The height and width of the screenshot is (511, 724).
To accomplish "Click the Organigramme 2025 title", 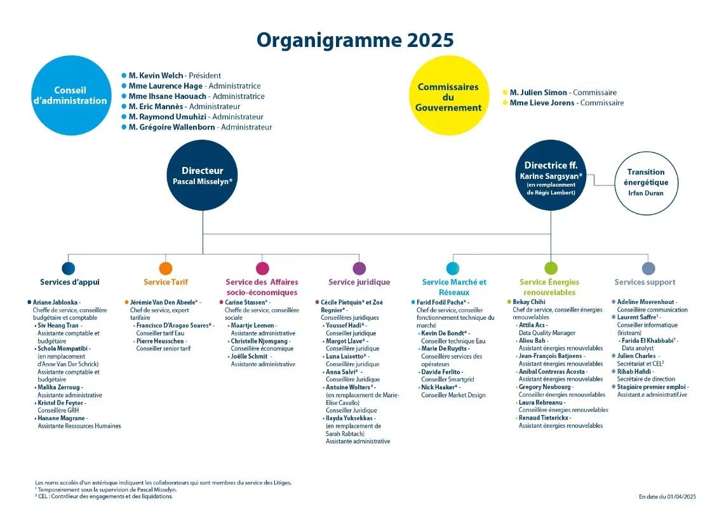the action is (355, 40).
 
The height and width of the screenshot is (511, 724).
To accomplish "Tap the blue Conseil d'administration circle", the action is (71, 96).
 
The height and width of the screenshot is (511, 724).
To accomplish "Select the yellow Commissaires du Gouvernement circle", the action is (449, 96).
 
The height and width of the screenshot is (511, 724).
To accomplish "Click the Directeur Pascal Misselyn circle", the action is (202, 175).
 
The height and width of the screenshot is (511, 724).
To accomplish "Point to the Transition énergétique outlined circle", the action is (646, 183).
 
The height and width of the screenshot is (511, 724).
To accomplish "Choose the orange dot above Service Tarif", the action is (166, 268).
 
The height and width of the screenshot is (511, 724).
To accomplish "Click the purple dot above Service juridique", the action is (359, 268).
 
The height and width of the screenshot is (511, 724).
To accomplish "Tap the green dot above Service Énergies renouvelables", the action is (551, 268).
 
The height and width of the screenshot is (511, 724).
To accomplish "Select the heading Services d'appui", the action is (70, 282).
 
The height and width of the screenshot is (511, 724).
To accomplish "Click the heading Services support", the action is (645, 282).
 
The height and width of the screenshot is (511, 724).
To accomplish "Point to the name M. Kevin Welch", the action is (156, 76).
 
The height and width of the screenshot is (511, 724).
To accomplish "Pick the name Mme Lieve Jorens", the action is (542, 103).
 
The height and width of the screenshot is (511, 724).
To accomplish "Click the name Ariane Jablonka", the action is (55, 302).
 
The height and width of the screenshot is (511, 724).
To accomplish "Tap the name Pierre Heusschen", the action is (160, 341).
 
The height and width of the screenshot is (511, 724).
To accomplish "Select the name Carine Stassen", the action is (246, 302).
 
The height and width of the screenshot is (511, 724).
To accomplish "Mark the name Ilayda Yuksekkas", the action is (349, 418).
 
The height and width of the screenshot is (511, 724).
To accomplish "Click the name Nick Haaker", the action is (439, 387).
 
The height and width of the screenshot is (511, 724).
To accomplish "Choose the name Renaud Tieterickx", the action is (544, 418).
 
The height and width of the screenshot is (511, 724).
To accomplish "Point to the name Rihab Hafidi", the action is (634, 371).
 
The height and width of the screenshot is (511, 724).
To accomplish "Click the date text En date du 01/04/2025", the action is (667, 496).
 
